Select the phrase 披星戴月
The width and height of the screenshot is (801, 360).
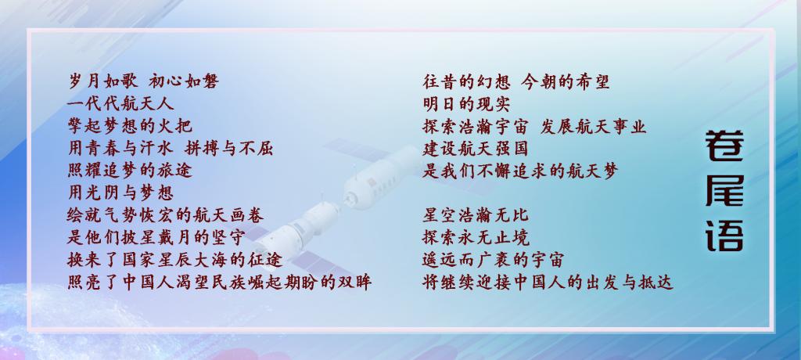(x=156, y=237)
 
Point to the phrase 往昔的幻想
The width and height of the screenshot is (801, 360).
(x=466, y=81)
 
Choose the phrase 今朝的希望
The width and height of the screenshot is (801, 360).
(x=566, y=81)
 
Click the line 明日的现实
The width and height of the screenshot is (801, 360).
(x=466, y=103)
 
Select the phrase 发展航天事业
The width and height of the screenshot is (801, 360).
(x=593, y=126)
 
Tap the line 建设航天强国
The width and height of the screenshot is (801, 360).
(x=476, y=148)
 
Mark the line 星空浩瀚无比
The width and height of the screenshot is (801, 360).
(x=476, y=215)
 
